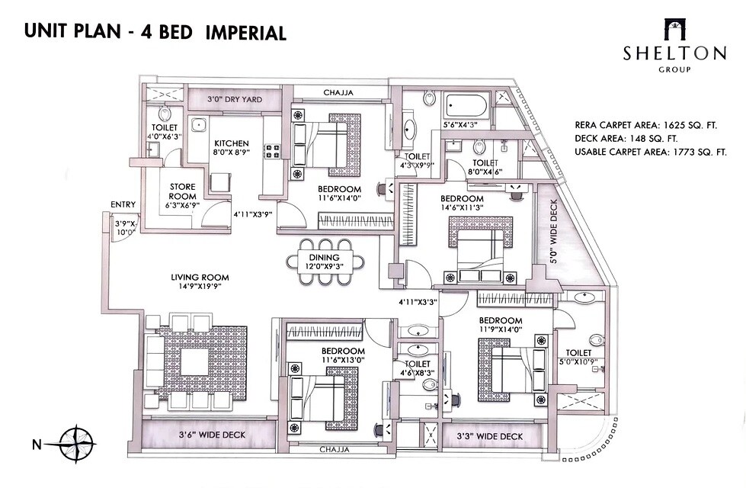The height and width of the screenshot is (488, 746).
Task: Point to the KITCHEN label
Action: tap(231, 143)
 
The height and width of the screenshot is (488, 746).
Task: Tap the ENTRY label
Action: tap(123, 204)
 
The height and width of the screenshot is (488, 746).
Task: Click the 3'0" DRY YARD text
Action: tap(237, 98)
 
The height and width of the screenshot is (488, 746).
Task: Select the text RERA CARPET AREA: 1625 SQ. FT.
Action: tap(651, 125)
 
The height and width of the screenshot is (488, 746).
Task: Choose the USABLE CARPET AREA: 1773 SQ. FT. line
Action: tap(651, 152)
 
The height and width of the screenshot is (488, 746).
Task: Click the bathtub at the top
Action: tap(466, 103)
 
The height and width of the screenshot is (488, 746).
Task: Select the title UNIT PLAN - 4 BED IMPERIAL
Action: tap(155, 32)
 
